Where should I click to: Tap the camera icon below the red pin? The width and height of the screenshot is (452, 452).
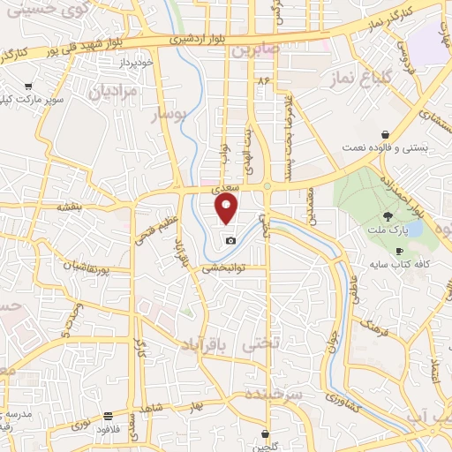coord(230,240)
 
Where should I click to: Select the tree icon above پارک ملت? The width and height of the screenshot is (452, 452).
coord(388,216)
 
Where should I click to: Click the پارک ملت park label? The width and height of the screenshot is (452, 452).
coord(388,231)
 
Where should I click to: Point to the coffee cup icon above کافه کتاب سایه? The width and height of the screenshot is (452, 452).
coord(399,252)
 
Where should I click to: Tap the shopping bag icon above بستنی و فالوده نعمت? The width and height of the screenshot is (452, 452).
coord(385,135)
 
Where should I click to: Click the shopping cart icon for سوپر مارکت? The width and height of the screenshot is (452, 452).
coord(28,87)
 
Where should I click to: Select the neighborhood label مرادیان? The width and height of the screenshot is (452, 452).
coord(114,91)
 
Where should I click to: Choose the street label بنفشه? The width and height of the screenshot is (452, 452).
coord(69,206)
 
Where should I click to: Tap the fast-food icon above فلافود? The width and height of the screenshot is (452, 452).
coord(108,415)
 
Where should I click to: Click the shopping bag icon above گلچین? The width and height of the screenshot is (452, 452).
coord(267,433)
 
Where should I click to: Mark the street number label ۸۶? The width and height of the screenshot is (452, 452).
coord(262,79)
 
